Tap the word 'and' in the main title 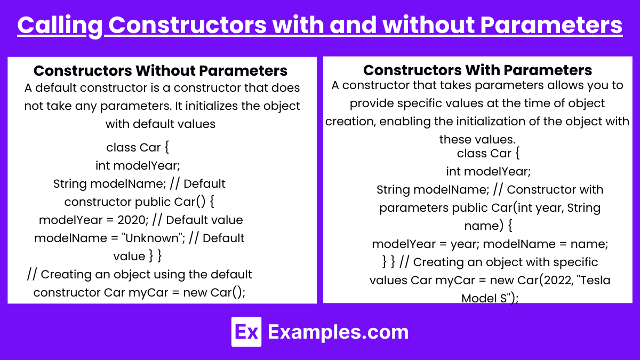coord(353,25)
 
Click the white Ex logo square coord(246,331)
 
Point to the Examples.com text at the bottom coord(338,332)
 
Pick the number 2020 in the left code coord(133,220)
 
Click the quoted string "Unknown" coord(153,238)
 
